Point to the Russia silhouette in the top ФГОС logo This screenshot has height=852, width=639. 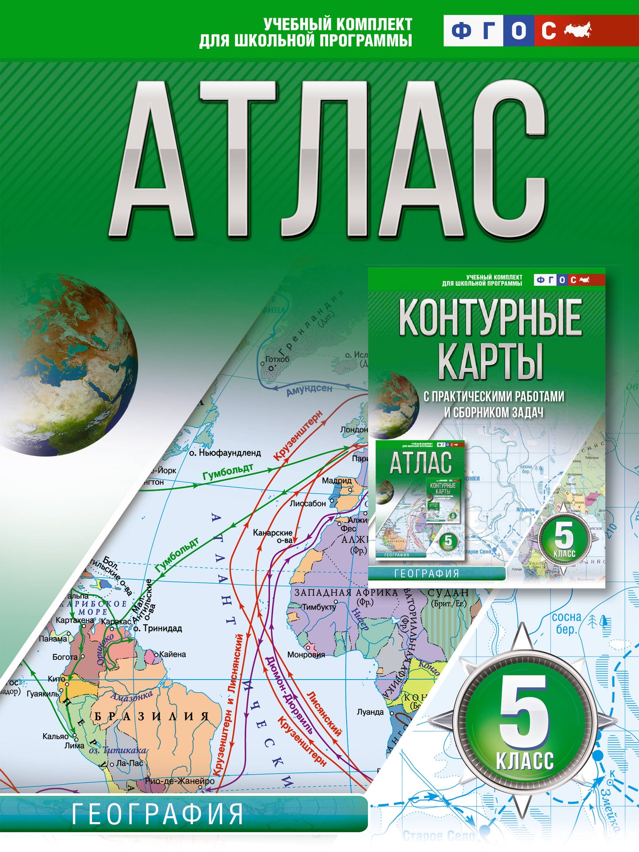[577, 30]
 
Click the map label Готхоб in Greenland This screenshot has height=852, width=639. [277, 359]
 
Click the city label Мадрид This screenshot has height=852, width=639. [337, 481]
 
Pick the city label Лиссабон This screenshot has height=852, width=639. [308, 503]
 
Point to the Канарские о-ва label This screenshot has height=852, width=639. [272, 536]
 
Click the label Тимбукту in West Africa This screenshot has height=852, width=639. [319, 607]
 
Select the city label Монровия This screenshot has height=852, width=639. [306, 654]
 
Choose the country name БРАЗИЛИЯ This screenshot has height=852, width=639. [151, 716]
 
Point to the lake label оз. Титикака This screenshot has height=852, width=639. [117, 750]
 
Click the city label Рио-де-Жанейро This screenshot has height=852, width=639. [180, 781]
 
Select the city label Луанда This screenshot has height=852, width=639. [370, 712]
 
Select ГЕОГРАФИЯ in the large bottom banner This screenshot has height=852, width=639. [157, 814]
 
